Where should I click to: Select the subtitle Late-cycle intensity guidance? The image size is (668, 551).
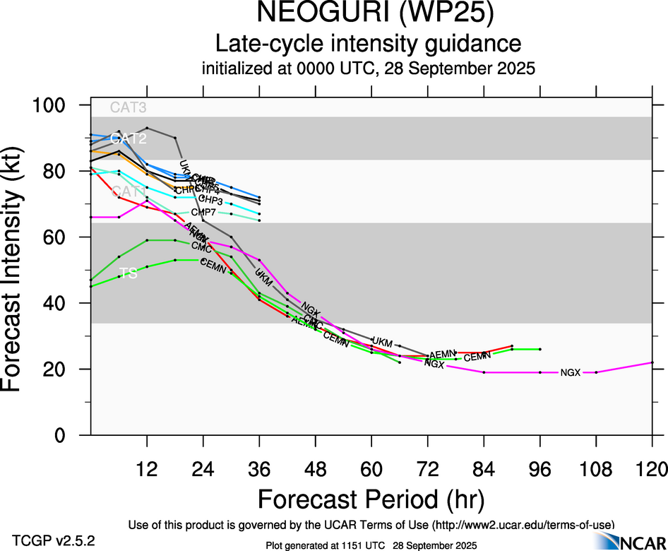pos(368,44)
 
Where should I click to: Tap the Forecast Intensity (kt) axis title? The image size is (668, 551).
pos(20,270)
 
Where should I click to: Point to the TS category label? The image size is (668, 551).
pos(128,273)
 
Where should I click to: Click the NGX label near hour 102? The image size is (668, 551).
pos(570,372)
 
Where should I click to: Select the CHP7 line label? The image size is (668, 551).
pos(203,212)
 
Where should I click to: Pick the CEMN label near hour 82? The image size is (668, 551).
pos(477,357)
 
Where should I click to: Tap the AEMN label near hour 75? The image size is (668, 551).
pos(443,353)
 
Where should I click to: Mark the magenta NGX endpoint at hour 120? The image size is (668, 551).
pos(652,362)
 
